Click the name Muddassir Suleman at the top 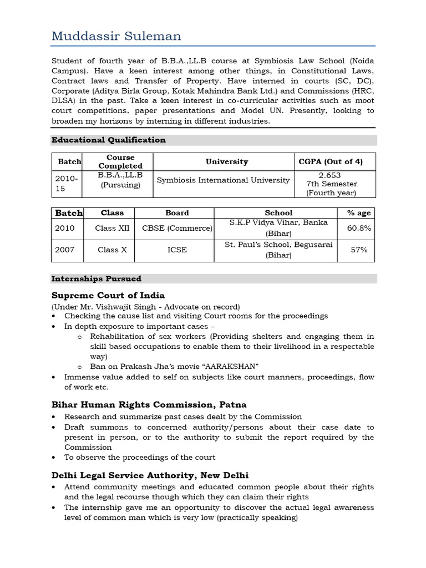[x=115, y=36]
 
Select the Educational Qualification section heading [x=108, y=140]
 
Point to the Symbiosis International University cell [x=223, y=180]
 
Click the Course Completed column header [x=120, y=161]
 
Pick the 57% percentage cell [x=359, y=250]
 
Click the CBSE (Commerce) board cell [x=177, y=228]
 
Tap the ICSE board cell [x=177, y=250]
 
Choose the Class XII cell [x=112, y=228]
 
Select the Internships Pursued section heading [x=96, y=278]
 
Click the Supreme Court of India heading [x=108, y=295]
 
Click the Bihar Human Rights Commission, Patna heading [x=149, y=404]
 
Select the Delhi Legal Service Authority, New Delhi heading [x=150, y=475]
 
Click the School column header [x=278, y=212]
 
